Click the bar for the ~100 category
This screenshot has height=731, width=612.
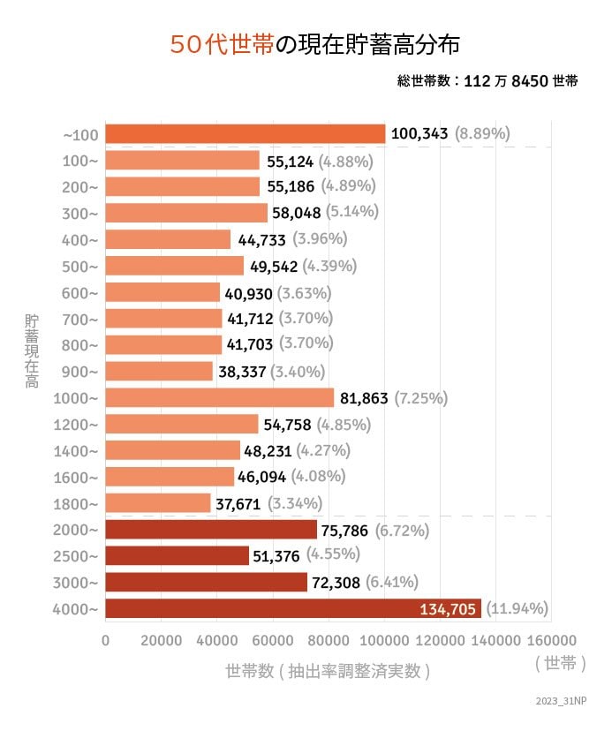[246, 134]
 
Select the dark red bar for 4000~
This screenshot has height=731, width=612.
[291, 608]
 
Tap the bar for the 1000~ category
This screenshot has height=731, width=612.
[219, 398]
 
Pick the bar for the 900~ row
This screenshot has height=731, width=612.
[159, 372]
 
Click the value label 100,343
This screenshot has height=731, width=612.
[419, 134]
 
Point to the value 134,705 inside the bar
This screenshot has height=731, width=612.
[449, 608]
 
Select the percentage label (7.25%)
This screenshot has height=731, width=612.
[420, 398]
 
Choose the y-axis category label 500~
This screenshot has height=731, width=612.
[81, 266]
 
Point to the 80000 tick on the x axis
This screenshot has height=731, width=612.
[329, 640]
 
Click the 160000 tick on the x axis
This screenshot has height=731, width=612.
[551, 640]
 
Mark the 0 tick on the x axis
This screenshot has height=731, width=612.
[106, 640]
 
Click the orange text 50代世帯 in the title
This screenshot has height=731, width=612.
[221, 45]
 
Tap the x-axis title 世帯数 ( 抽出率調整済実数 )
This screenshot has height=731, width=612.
[328, 671]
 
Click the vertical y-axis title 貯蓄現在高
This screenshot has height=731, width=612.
[32, 350]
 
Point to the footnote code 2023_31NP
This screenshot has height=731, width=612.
[560, 700]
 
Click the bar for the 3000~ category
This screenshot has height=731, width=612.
[207, 583]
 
